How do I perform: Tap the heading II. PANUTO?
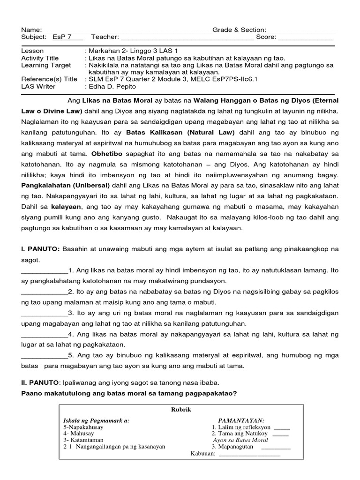click(x=41, y=383)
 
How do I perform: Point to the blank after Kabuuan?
click(x=249, y=454)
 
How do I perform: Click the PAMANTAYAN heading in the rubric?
click(x=241, y=420)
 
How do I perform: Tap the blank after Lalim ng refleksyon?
click(x=281, y=428)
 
